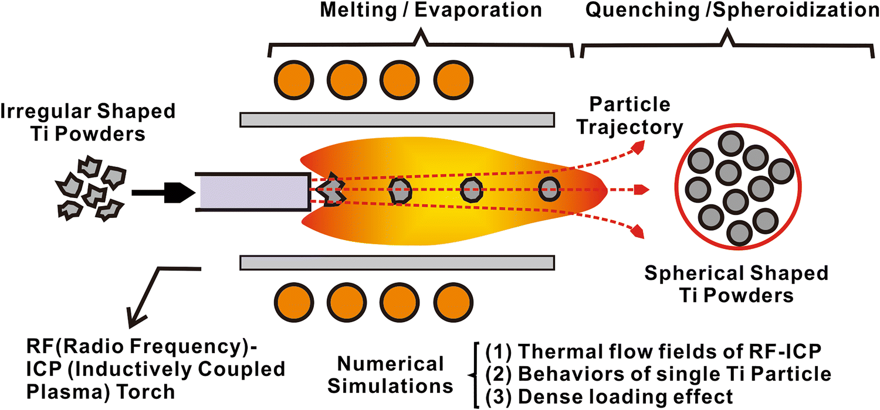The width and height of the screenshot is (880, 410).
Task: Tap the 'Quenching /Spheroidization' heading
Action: (x=728, y=11)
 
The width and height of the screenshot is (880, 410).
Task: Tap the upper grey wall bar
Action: (x=397, y=119)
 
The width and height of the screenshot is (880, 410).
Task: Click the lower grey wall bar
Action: (x=397, y=262)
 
